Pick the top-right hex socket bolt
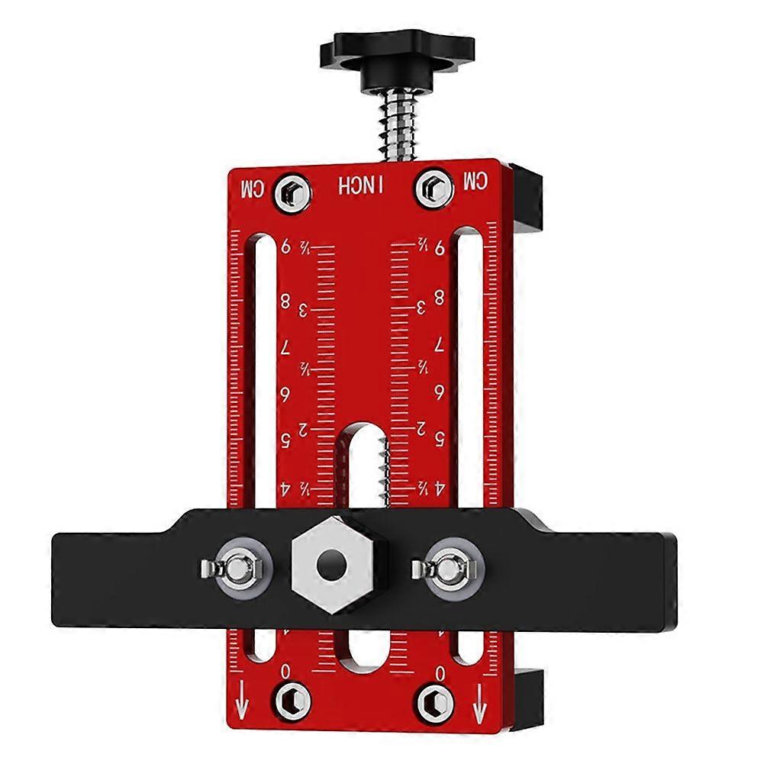(432, 187)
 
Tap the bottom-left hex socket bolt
(291, 700)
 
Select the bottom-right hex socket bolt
(432, 700)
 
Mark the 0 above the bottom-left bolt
(286, 672)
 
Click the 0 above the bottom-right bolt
(440, 672)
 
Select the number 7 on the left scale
(286, 348)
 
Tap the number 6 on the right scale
(440, 393)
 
